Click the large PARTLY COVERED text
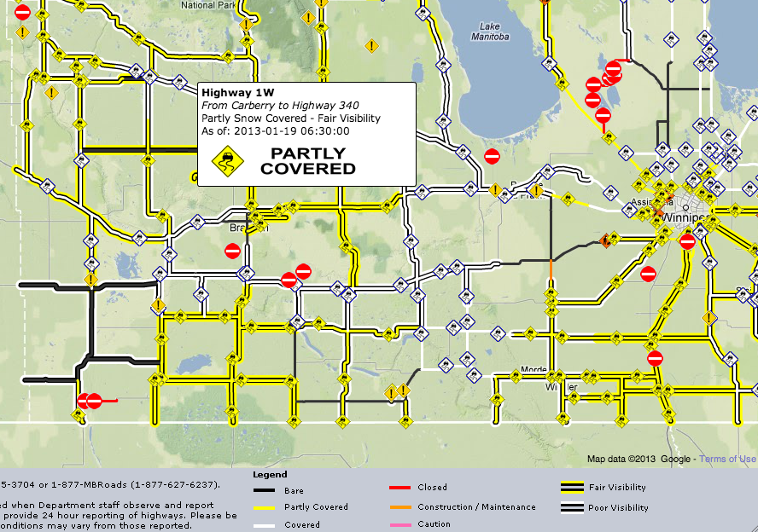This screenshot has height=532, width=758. click(x=307, y=161)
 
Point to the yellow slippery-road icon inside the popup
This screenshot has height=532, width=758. click(x=228, y=159)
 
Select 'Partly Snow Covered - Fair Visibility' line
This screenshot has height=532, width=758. click(x=290, y=119)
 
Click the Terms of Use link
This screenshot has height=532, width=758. click(x=728, y=459)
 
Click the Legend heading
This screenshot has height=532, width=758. click(x=270, y=474)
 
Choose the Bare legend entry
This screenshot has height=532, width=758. click(x=293, y=491)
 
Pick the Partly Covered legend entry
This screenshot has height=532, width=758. click(x=316, y=507)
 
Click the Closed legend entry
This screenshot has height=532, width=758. click(x=432, y=488)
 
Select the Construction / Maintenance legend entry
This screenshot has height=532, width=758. click(x=476, y=507)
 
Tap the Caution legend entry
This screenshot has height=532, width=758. click(x=434, y=524)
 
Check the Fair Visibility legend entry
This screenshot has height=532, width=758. click(x=617, y=488)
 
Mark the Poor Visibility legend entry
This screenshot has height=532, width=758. click(x=618, y=508)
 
